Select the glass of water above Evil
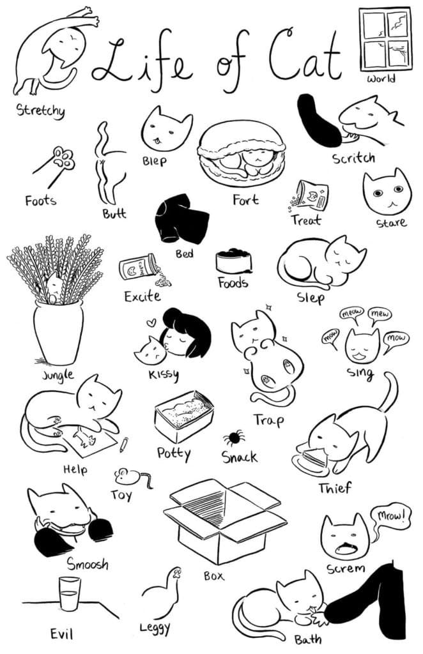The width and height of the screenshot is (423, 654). pyautogui.click(x=69, y=594)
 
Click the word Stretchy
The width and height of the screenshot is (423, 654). pyautogui.click(x=40, y=110)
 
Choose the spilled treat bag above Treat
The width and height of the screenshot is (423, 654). pyautogui.click(x=312, y=196)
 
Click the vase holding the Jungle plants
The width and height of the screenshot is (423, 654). pyautogui.click(x=58, y=332)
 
